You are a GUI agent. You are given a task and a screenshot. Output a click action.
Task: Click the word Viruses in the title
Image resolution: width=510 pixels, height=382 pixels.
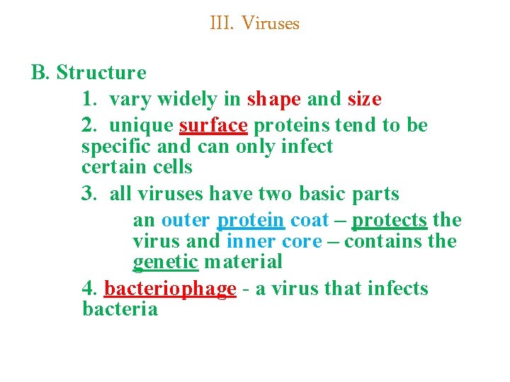(271, 23)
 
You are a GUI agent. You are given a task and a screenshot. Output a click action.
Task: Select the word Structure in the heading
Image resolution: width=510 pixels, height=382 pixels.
(101, 73)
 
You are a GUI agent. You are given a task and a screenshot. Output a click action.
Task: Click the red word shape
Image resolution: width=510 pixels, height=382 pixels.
(274, 99)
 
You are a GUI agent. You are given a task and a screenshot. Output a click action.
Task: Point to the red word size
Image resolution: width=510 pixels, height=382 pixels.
(365, 99)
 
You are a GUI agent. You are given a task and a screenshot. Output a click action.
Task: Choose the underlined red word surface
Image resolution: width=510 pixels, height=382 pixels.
(213, 125)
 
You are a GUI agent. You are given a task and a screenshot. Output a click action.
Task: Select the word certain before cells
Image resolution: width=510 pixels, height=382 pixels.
(113, 168)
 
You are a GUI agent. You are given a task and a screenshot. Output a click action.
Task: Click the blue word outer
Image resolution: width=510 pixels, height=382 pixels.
(186, 220)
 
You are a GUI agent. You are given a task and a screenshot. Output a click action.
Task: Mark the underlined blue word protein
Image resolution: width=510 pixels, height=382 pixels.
(251, 220)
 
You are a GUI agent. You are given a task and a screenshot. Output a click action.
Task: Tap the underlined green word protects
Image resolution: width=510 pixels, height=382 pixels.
(390, 220)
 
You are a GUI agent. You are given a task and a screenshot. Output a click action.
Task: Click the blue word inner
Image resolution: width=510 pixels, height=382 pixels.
(246, 241)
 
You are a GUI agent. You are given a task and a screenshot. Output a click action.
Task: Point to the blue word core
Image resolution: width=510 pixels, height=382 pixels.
(302, 241)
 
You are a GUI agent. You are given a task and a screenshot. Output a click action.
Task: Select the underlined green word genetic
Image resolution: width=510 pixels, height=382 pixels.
(166, 262)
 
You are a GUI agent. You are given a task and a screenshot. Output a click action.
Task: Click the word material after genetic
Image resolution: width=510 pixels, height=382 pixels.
(243, 262)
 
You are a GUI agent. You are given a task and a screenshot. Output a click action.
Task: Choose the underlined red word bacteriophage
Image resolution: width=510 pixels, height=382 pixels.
(170, 289)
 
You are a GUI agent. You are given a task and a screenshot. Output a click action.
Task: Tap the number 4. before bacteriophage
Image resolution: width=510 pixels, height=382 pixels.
(90, 289)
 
